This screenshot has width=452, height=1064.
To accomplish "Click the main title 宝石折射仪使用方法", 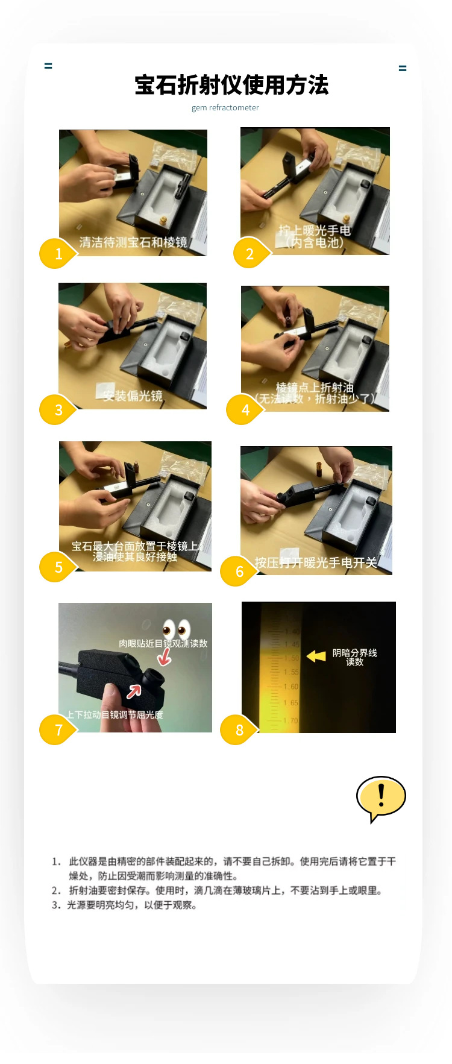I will pos(231,85).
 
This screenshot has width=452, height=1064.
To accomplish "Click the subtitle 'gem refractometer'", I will pos(225,108).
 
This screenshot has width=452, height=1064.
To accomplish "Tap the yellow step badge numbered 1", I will pos(58,254).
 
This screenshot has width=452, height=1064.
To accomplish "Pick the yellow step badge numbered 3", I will pos(58,410).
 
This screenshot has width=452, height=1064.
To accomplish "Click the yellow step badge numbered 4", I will pos(245,410).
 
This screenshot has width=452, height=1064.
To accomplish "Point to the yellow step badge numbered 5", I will pos(58,567).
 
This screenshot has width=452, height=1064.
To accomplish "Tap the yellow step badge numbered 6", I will pos(239,571).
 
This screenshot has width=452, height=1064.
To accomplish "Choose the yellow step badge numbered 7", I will pos(58,730).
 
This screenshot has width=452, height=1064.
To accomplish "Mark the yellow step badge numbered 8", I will pos(239,730).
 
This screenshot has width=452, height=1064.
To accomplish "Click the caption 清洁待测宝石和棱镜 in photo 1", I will pos(133,242).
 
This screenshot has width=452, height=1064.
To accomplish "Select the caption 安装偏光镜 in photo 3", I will pos(132,396).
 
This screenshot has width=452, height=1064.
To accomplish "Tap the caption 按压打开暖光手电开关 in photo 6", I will pos(315,562).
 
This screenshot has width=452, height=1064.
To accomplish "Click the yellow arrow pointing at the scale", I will pos(316,656).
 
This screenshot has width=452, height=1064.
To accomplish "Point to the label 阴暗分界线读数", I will pos(354,657).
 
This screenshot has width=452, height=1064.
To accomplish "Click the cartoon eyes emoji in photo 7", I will pos(176,629).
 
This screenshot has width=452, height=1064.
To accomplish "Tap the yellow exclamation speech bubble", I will pos(381,798).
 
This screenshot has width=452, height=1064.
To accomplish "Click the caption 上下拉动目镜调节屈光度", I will pos(115,714).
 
